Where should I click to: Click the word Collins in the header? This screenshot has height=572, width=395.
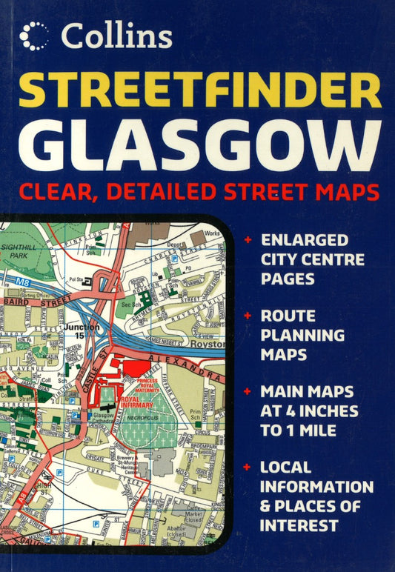pyautogui.click(x=117, y=35)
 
